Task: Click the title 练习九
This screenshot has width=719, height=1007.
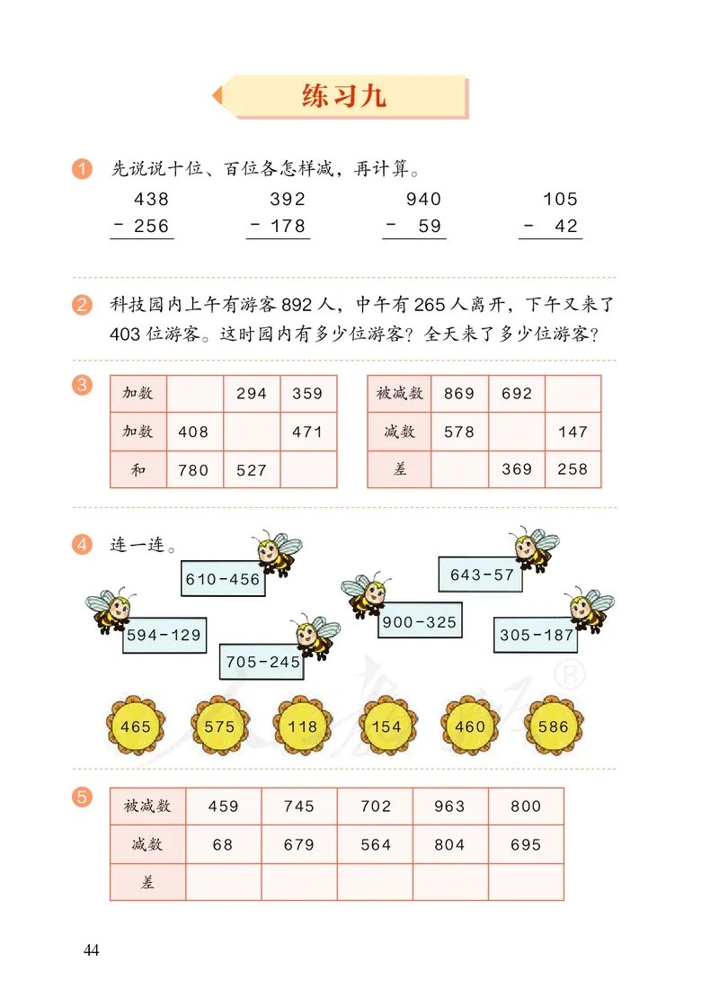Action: point(344,97)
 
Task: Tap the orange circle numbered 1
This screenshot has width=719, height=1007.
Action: point(82,168)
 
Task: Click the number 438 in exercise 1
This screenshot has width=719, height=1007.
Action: point(151,199)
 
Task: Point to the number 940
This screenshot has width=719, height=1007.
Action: point(423,199)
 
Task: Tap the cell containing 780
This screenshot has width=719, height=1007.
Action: point(194,469)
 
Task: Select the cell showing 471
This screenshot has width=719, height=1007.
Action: point(307,432)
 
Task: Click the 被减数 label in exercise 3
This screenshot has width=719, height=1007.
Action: point(399,393)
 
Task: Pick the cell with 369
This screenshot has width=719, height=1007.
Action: point(517,469)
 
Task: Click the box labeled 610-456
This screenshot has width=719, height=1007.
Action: point(222,579)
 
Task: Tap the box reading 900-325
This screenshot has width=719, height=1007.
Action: point(420,621)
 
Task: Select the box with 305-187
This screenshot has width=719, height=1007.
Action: point(537,635)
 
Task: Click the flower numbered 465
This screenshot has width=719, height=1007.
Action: point(135,726)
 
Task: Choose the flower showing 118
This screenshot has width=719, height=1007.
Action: point(303,726)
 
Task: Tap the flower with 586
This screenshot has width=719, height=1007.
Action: point(553,726)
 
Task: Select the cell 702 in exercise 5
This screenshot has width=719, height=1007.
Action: point(375,806)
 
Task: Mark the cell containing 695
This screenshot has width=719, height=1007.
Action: point(525,844)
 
